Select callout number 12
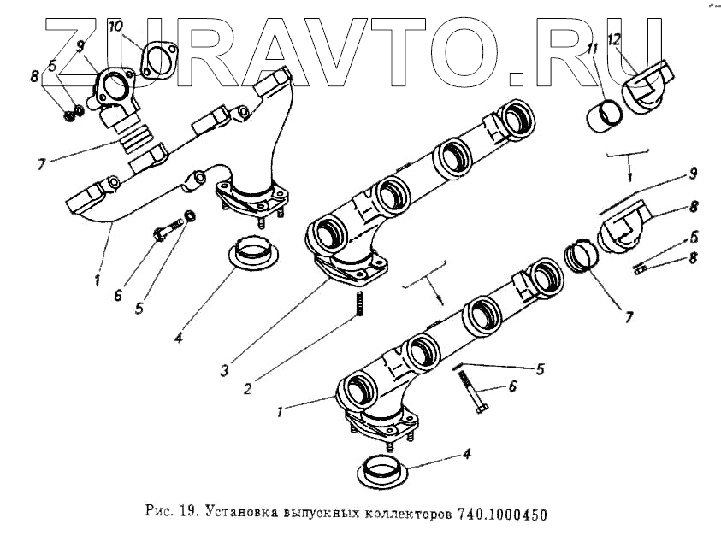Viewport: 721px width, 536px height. tap(614, 39)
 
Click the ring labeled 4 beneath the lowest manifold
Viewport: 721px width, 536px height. tap(374, 471)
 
